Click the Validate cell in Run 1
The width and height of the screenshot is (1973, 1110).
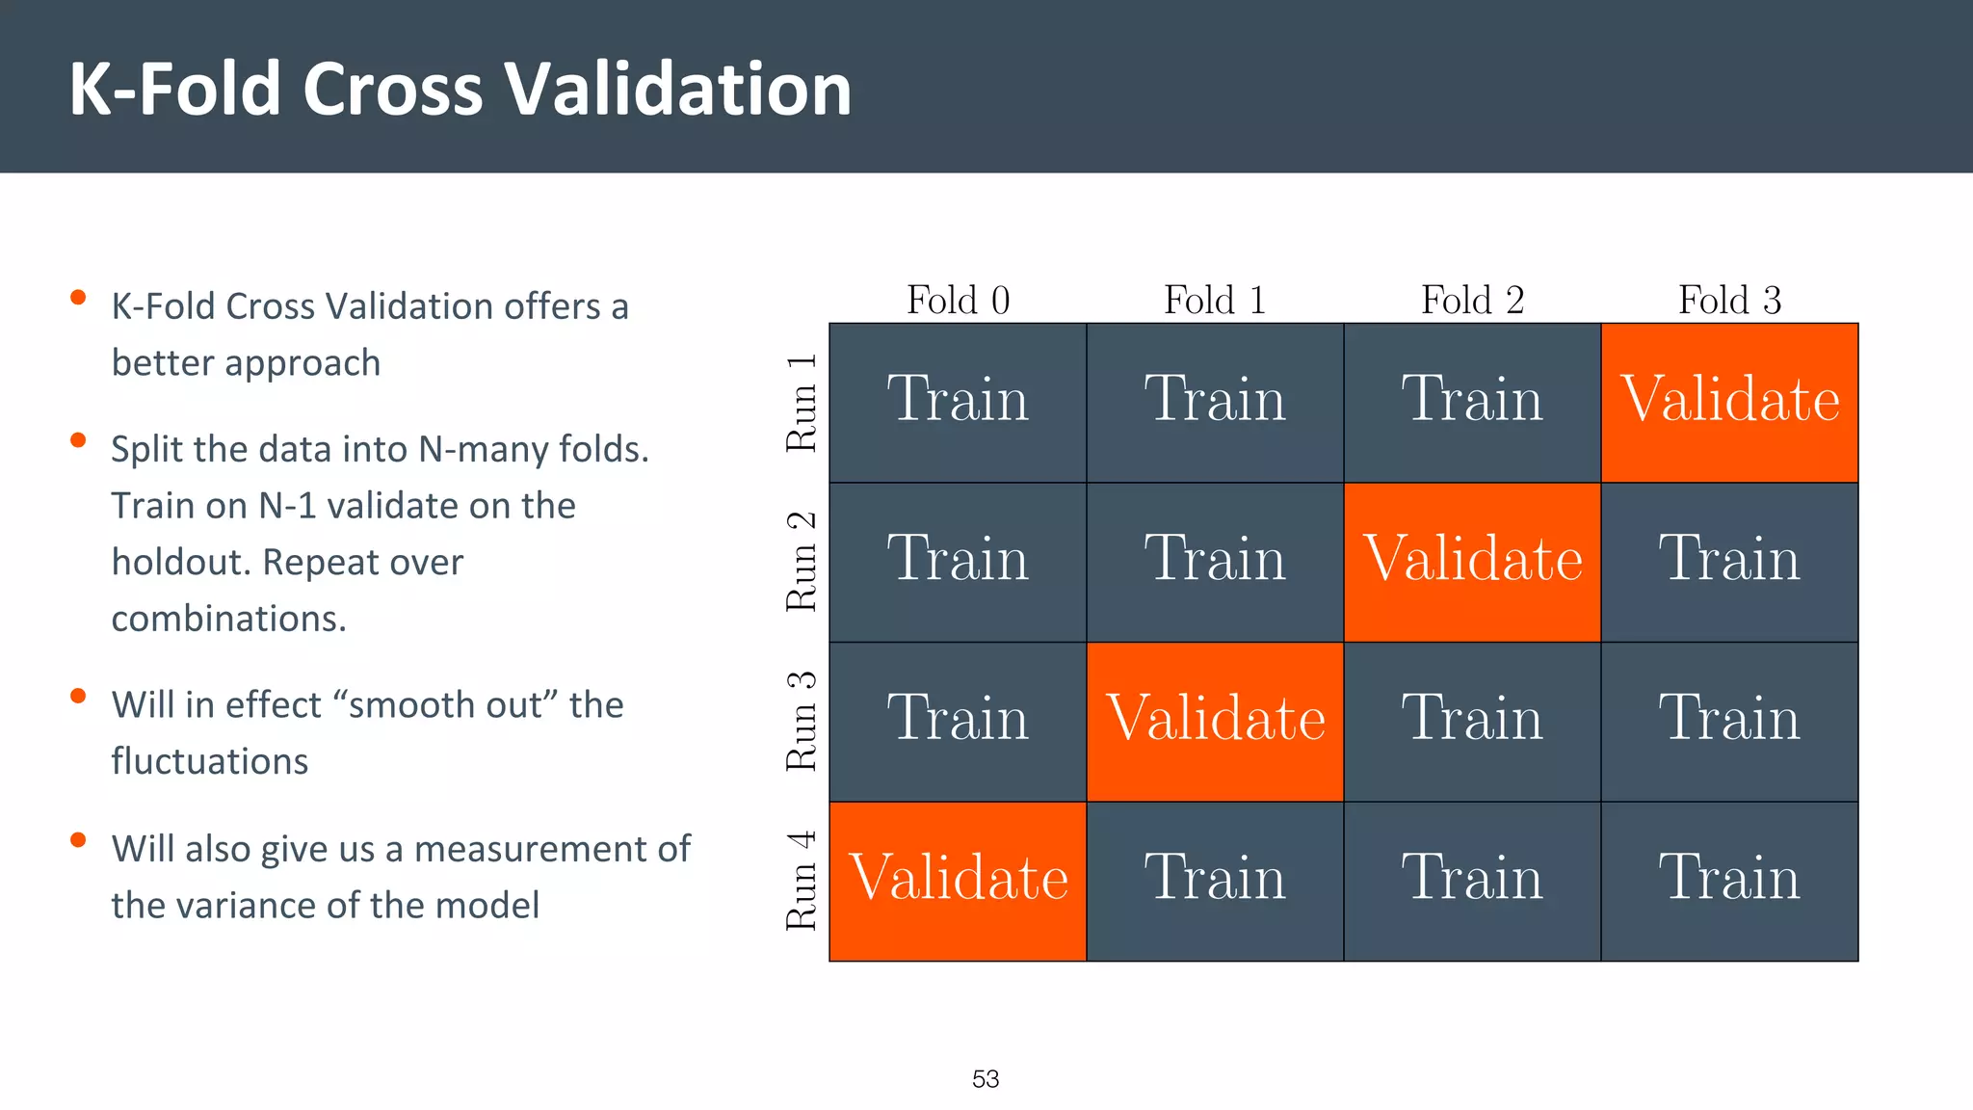pos(1729,402)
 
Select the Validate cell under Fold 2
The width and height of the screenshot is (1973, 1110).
pos(1472,562)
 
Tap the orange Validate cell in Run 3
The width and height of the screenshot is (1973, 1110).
pos(1215,722)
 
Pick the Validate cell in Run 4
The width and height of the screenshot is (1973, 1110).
pos(958,881)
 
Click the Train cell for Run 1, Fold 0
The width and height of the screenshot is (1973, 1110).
pos(958,402)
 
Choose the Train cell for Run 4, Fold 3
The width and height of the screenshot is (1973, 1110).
pos(1729,881)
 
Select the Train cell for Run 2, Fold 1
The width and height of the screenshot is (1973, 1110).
pos(1215,562)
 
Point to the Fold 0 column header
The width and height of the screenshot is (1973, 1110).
pos(958,300)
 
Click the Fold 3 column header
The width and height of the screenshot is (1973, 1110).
pos(1729,300)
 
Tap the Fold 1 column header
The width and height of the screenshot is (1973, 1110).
pos(1215,300)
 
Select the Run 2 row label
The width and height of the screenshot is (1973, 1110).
pos(802,562)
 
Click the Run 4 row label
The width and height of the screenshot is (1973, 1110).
pos(802,881)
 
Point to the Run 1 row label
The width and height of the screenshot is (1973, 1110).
pos(802,402)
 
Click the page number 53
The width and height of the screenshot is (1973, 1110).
pos(986,1079)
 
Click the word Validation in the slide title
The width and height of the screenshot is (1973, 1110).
pos(678,89)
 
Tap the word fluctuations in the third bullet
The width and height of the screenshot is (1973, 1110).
pos(209,761)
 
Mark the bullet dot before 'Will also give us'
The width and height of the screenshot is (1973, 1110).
pos(79,840)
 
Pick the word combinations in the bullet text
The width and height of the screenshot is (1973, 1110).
pos(228,619)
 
